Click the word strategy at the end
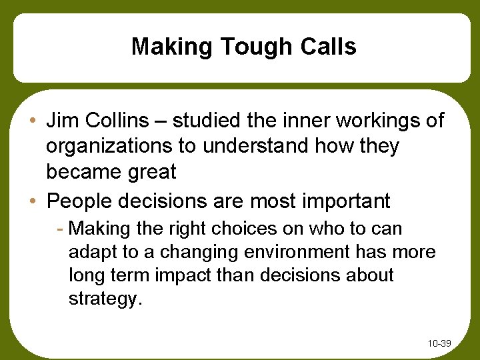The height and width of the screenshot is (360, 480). (x=104, y=299)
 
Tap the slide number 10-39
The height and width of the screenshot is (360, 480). (x=439, y=343)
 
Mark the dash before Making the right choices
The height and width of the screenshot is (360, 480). (x=61, y=229)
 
